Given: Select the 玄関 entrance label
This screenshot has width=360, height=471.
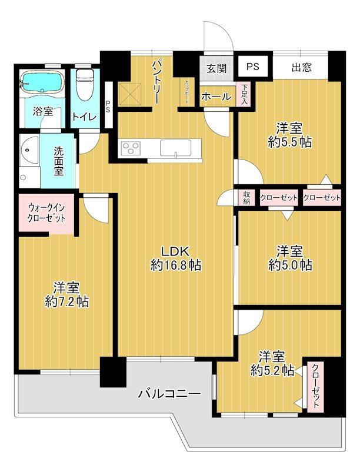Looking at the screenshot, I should coord(216,67).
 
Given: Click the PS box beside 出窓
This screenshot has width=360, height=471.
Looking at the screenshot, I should coord(253,67).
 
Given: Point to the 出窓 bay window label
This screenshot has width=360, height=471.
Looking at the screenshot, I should coord(301,67).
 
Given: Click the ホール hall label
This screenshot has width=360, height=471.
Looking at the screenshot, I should coord(216,97).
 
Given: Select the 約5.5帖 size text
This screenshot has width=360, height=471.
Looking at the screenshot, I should coord(289,142).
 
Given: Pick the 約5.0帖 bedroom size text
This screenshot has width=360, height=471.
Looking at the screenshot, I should coord(290,265).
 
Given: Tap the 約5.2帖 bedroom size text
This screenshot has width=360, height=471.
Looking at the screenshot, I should coord(272,370).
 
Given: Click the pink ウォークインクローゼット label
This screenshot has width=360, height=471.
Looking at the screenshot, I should coord(46,213).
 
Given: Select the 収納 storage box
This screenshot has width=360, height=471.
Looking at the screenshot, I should coord(247,198).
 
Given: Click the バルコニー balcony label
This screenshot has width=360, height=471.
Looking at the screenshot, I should coord(170,393).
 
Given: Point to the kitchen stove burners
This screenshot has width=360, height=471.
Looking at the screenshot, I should coord(131,148).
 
